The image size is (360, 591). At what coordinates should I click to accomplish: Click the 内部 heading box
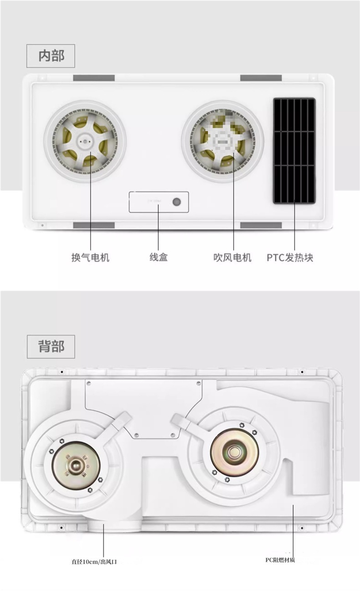(51, 56)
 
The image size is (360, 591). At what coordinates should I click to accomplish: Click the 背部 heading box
(51, 346)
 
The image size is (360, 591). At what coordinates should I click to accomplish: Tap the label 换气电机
(90, 257)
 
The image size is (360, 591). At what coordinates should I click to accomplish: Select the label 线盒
(159, 257)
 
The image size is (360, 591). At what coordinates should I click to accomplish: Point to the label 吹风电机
(232, 257)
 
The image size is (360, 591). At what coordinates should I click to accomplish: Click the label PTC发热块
(290, 257)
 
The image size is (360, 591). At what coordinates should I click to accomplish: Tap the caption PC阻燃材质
(280, 560)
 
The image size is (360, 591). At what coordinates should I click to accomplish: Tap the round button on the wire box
(176, 202)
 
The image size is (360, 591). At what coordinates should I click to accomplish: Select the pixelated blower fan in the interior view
(222, 141)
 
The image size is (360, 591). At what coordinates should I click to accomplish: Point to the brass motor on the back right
(235, 451)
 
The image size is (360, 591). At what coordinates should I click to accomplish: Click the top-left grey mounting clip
(94, 78)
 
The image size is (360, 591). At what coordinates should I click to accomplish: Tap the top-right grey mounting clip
(261, 78)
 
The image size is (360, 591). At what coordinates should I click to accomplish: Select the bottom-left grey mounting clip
(94, 225)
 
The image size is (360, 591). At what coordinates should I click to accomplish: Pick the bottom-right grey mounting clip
(261, 225)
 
